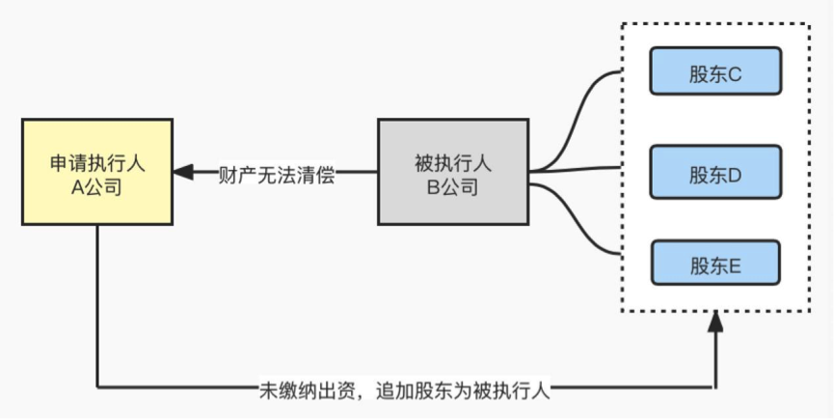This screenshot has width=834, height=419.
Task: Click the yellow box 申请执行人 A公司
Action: [97, 175]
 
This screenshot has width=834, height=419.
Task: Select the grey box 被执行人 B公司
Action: [452, 175]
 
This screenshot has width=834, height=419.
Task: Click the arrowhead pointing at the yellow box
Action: [183, 173]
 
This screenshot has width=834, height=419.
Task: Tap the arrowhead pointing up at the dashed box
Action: [714, 322]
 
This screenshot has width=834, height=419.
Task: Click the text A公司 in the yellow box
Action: [97, 187]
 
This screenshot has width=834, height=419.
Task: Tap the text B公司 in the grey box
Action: [452, 187]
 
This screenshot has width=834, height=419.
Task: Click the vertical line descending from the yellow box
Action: [97, 309]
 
